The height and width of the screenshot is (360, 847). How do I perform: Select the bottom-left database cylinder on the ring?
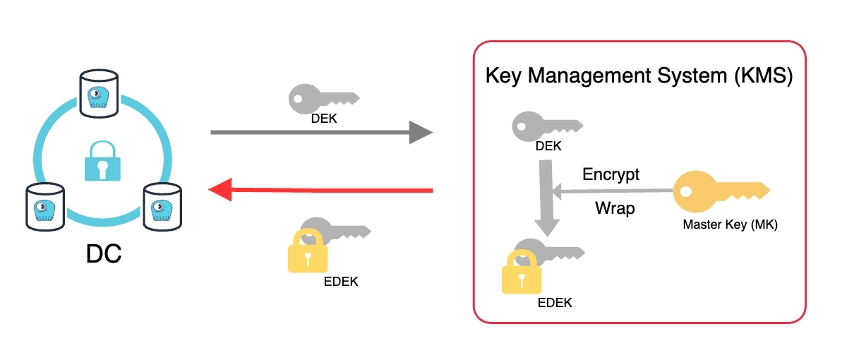pyautogui.click(x=45, y=206)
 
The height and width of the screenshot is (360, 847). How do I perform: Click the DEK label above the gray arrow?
pyautogui.click(x=324, y=119)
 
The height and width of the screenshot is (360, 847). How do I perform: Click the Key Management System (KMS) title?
pyautogui.click(x=639, y=76)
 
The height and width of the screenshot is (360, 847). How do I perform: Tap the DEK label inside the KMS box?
pyautogui.click(x=548, y=146)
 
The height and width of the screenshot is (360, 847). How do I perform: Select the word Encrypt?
pyautogui.click(x=611, y=174)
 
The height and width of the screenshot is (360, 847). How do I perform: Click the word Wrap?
pyautogui.click(x=614, y=208)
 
